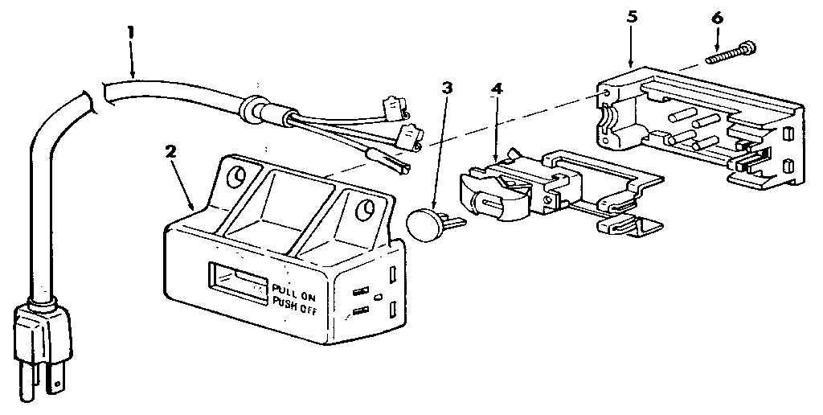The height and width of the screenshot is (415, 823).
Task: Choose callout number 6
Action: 718,18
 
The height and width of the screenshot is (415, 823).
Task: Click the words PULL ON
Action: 293,289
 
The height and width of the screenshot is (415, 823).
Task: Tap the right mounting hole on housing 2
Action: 365,207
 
